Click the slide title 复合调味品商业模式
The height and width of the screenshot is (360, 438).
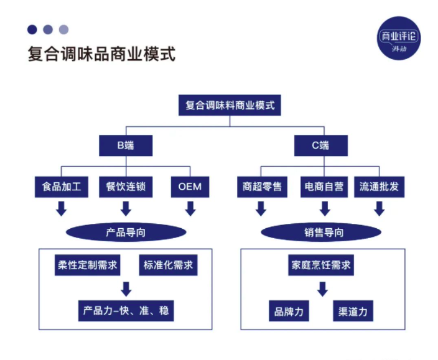click(101, 53)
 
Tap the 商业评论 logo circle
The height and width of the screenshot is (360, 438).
click(399, 38)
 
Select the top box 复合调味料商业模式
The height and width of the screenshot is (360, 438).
click(230, 105)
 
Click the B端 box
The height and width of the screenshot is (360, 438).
click(126, 145)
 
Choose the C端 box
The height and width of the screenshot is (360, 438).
click(321, 145)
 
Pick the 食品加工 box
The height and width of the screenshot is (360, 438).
click(61, 186)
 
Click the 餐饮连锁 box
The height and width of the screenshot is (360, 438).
click(126, 186)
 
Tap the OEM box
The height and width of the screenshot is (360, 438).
click(190, 186)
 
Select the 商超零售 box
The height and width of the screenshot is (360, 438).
click(261, 186)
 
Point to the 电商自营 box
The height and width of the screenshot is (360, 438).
click(324, 186)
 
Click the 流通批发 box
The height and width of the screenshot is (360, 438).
click(379, 186)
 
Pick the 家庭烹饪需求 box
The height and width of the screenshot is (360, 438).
click(321, 265)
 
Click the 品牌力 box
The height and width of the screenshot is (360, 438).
click(288, 311)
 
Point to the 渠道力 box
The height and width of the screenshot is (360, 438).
click(353, 311)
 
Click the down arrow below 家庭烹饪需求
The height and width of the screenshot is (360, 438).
click(322, 288)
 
